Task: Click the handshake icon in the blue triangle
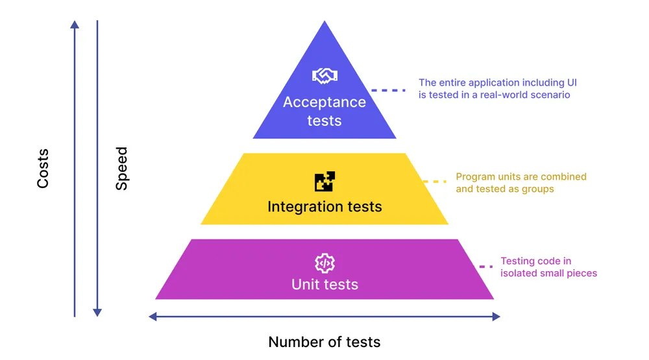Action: (324, 76)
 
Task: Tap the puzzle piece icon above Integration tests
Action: (324, 182)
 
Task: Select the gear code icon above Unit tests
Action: (324, 263)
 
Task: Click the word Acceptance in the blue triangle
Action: (324, 102)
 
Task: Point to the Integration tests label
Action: (324, 207)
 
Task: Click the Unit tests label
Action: (324, 284)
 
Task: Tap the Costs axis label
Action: (43, 169)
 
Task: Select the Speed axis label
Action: (121, 169)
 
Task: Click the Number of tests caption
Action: (324, 342)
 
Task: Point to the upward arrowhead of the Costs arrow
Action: (75, 25)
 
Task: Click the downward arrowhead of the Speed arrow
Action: (97, 312)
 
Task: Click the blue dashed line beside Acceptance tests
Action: (388, 90)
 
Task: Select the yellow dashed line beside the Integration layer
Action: (435, 182)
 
